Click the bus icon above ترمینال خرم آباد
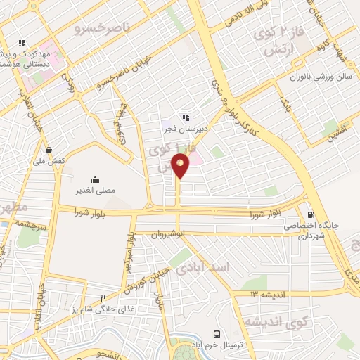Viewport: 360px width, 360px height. coord(217,335)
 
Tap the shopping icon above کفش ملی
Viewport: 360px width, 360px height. coord(48,149)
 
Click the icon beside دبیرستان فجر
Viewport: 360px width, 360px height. coord(186,117)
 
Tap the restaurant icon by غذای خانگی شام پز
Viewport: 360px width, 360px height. coord(103,298)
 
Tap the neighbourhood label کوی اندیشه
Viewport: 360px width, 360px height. coord(276,321)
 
